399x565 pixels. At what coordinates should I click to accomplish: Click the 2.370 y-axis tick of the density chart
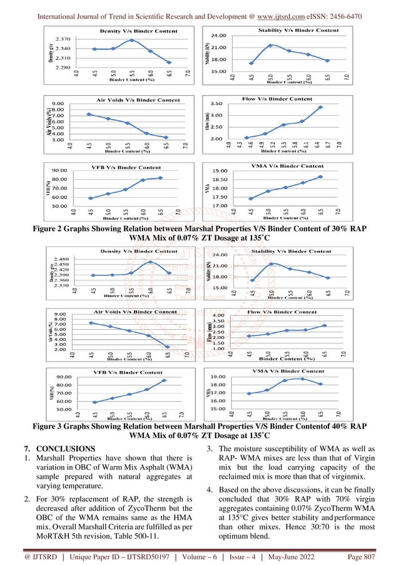(62, 39)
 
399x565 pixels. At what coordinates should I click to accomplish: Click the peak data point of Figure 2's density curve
(132, 40)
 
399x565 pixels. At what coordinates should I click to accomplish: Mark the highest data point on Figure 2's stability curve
(270, 45)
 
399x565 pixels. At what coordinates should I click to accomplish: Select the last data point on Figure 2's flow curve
(320, 107)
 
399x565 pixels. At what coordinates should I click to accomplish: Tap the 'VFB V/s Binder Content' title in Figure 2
(128, 167)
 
